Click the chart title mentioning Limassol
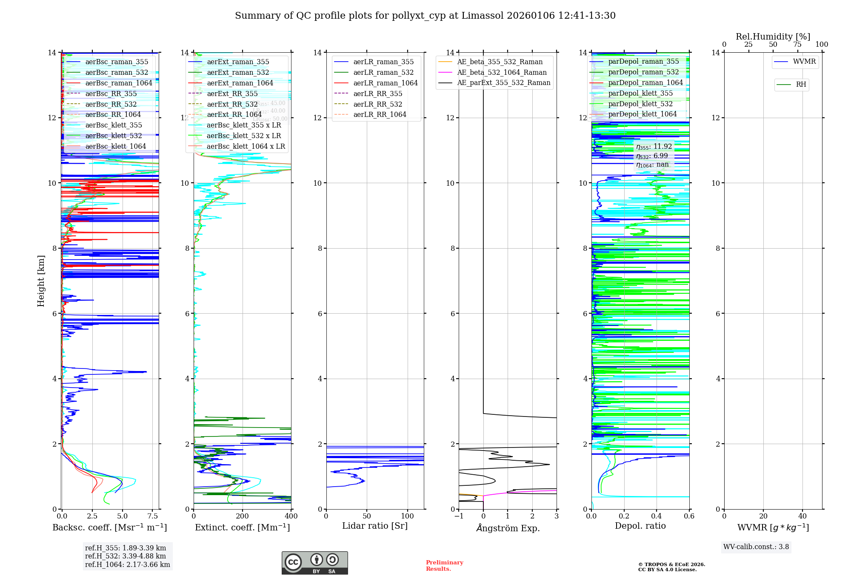[425, 16]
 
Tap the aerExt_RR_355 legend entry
[232, 93]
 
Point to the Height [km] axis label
[41, 281]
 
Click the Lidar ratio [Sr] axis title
[375, 526]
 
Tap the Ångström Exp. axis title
[508, 528]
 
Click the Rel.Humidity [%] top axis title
[773, 37]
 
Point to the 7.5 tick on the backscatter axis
[153, 516]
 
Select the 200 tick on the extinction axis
[242, 516]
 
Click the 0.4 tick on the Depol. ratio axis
[657, 516]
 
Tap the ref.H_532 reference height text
[125, 556]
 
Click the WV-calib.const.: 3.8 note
[756, 547]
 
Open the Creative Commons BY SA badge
[314, 563]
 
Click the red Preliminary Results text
[444, 565]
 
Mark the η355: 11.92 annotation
[654, 147]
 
